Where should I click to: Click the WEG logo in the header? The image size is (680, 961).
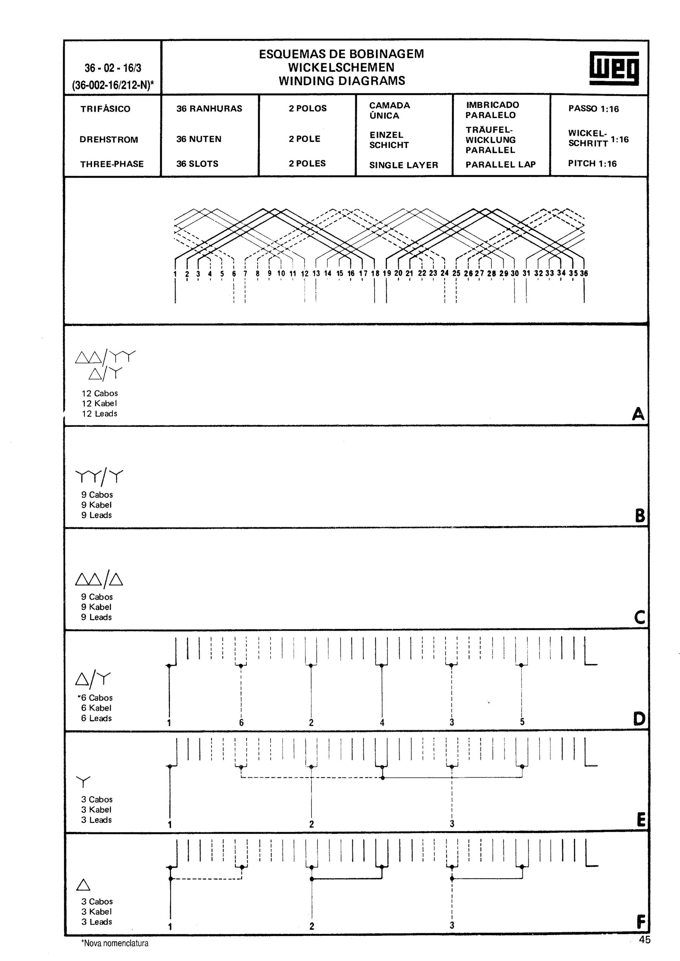pos(614,68)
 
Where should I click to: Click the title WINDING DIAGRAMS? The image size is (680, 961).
pos(342,81)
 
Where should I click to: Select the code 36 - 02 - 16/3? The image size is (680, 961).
pos(113,68)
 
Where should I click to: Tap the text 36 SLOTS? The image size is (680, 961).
pos(197,164)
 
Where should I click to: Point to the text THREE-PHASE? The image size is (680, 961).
pos(112,164)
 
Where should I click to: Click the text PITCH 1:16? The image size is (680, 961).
pos(592,164)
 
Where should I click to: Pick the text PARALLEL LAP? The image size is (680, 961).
pos(500,164)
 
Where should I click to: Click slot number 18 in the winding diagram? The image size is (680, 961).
pos(375,273)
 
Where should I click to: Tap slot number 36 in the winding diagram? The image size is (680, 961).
pos(584,273)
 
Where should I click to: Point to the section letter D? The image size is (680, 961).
pos(639,719)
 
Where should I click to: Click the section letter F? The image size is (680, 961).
pos(640,922)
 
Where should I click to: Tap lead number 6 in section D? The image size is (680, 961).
pos(241,723)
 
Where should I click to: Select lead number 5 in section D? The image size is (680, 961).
pos(522,722)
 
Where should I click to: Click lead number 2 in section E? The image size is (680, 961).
pos(311,824)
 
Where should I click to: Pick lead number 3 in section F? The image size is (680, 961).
pos(452,925)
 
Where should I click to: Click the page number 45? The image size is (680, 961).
pos(644,940)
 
